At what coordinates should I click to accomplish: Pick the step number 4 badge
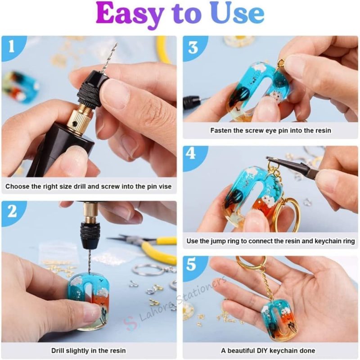click(193, 154)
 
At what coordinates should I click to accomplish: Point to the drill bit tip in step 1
click(115, 45)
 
